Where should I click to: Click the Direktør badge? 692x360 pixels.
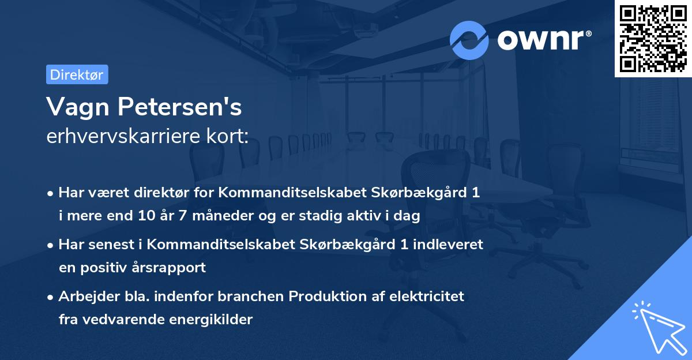tap(77, 74)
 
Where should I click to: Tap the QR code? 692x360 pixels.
tap(653, 39)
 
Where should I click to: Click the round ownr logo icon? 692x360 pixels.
tap(469, 40)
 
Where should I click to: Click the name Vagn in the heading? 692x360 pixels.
tap(74, 107)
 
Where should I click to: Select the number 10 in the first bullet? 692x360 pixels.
tap(145, 216)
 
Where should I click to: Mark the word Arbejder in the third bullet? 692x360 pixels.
tap(85, 297)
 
